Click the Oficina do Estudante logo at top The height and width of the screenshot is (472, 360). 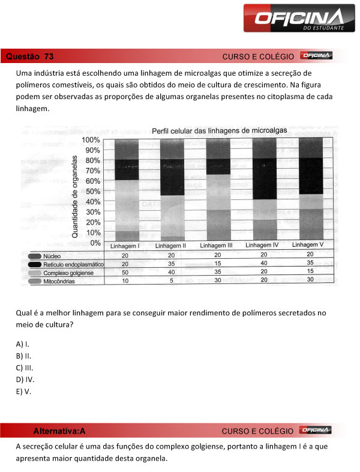pyautogui.click(x=294, y=19)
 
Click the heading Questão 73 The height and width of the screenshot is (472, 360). pyautogui.click(x=29, y=56)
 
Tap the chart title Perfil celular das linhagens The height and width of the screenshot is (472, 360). pyautogui.click(x=219, y=130)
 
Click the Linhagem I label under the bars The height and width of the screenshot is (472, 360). pyautogui.click(x=125, y=246)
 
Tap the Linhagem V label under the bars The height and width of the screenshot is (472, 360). pyautogui.click(x=308, y=246)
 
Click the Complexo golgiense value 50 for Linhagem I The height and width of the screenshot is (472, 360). pyautogui.click(x=125, y=272)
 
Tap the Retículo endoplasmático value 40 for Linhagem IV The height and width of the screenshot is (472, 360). pyautogui.click(x=263, y=263)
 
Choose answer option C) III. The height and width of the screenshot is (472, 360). pyautogui.click(x=25, y=367)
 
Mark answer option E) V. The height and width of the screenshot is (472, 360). pyautogui.click(x=23, y=391)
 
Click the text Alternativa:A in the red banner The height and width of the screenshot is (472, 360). pyautogui.click(x=59, y=431)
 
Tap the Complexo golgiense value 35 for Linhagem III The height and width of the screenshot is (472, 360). pyautogui.click(x=217, y=272)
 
